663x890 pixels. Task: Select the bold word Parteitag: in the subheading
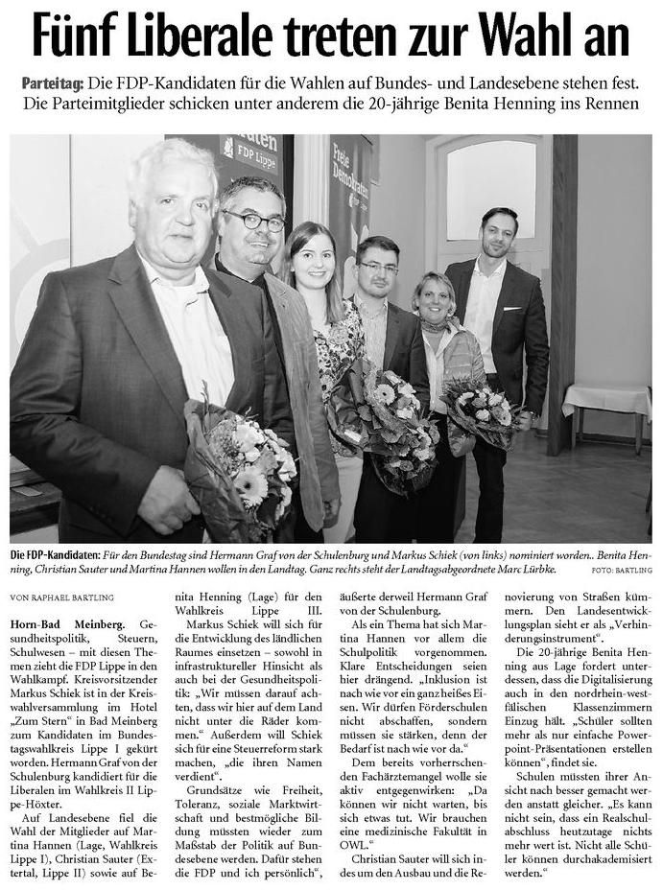point(54,84)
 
